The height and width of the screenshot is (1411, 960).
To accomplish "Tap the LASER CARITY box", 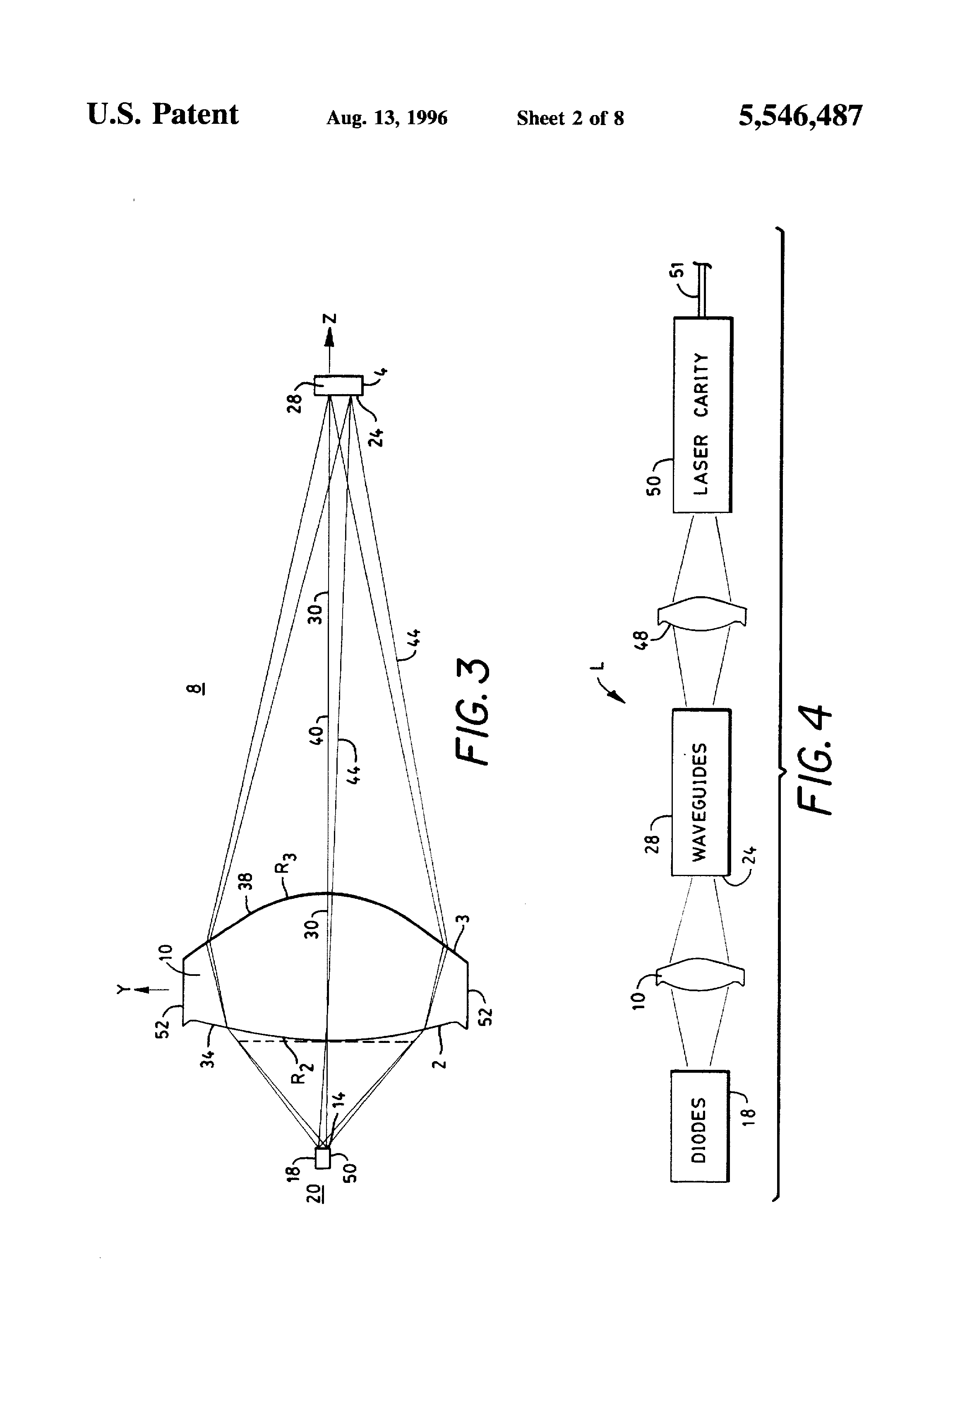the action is [x=703, y=415].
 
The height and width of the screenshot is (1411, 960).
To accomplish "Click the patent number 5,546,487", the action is [x=800, y=116].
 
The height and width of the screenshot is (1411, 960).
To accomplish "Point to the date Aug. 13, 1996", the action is [x=386, y=117].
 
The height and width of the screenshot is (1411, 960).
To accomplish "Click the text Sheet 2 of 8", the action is [x=570, y=117].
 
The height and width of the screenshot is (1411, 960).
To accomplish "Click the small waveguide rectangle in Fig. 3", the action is [x=338, y=385].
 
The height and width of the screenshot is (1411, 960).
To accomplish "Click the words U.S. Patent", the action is [x=163, y=114].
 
